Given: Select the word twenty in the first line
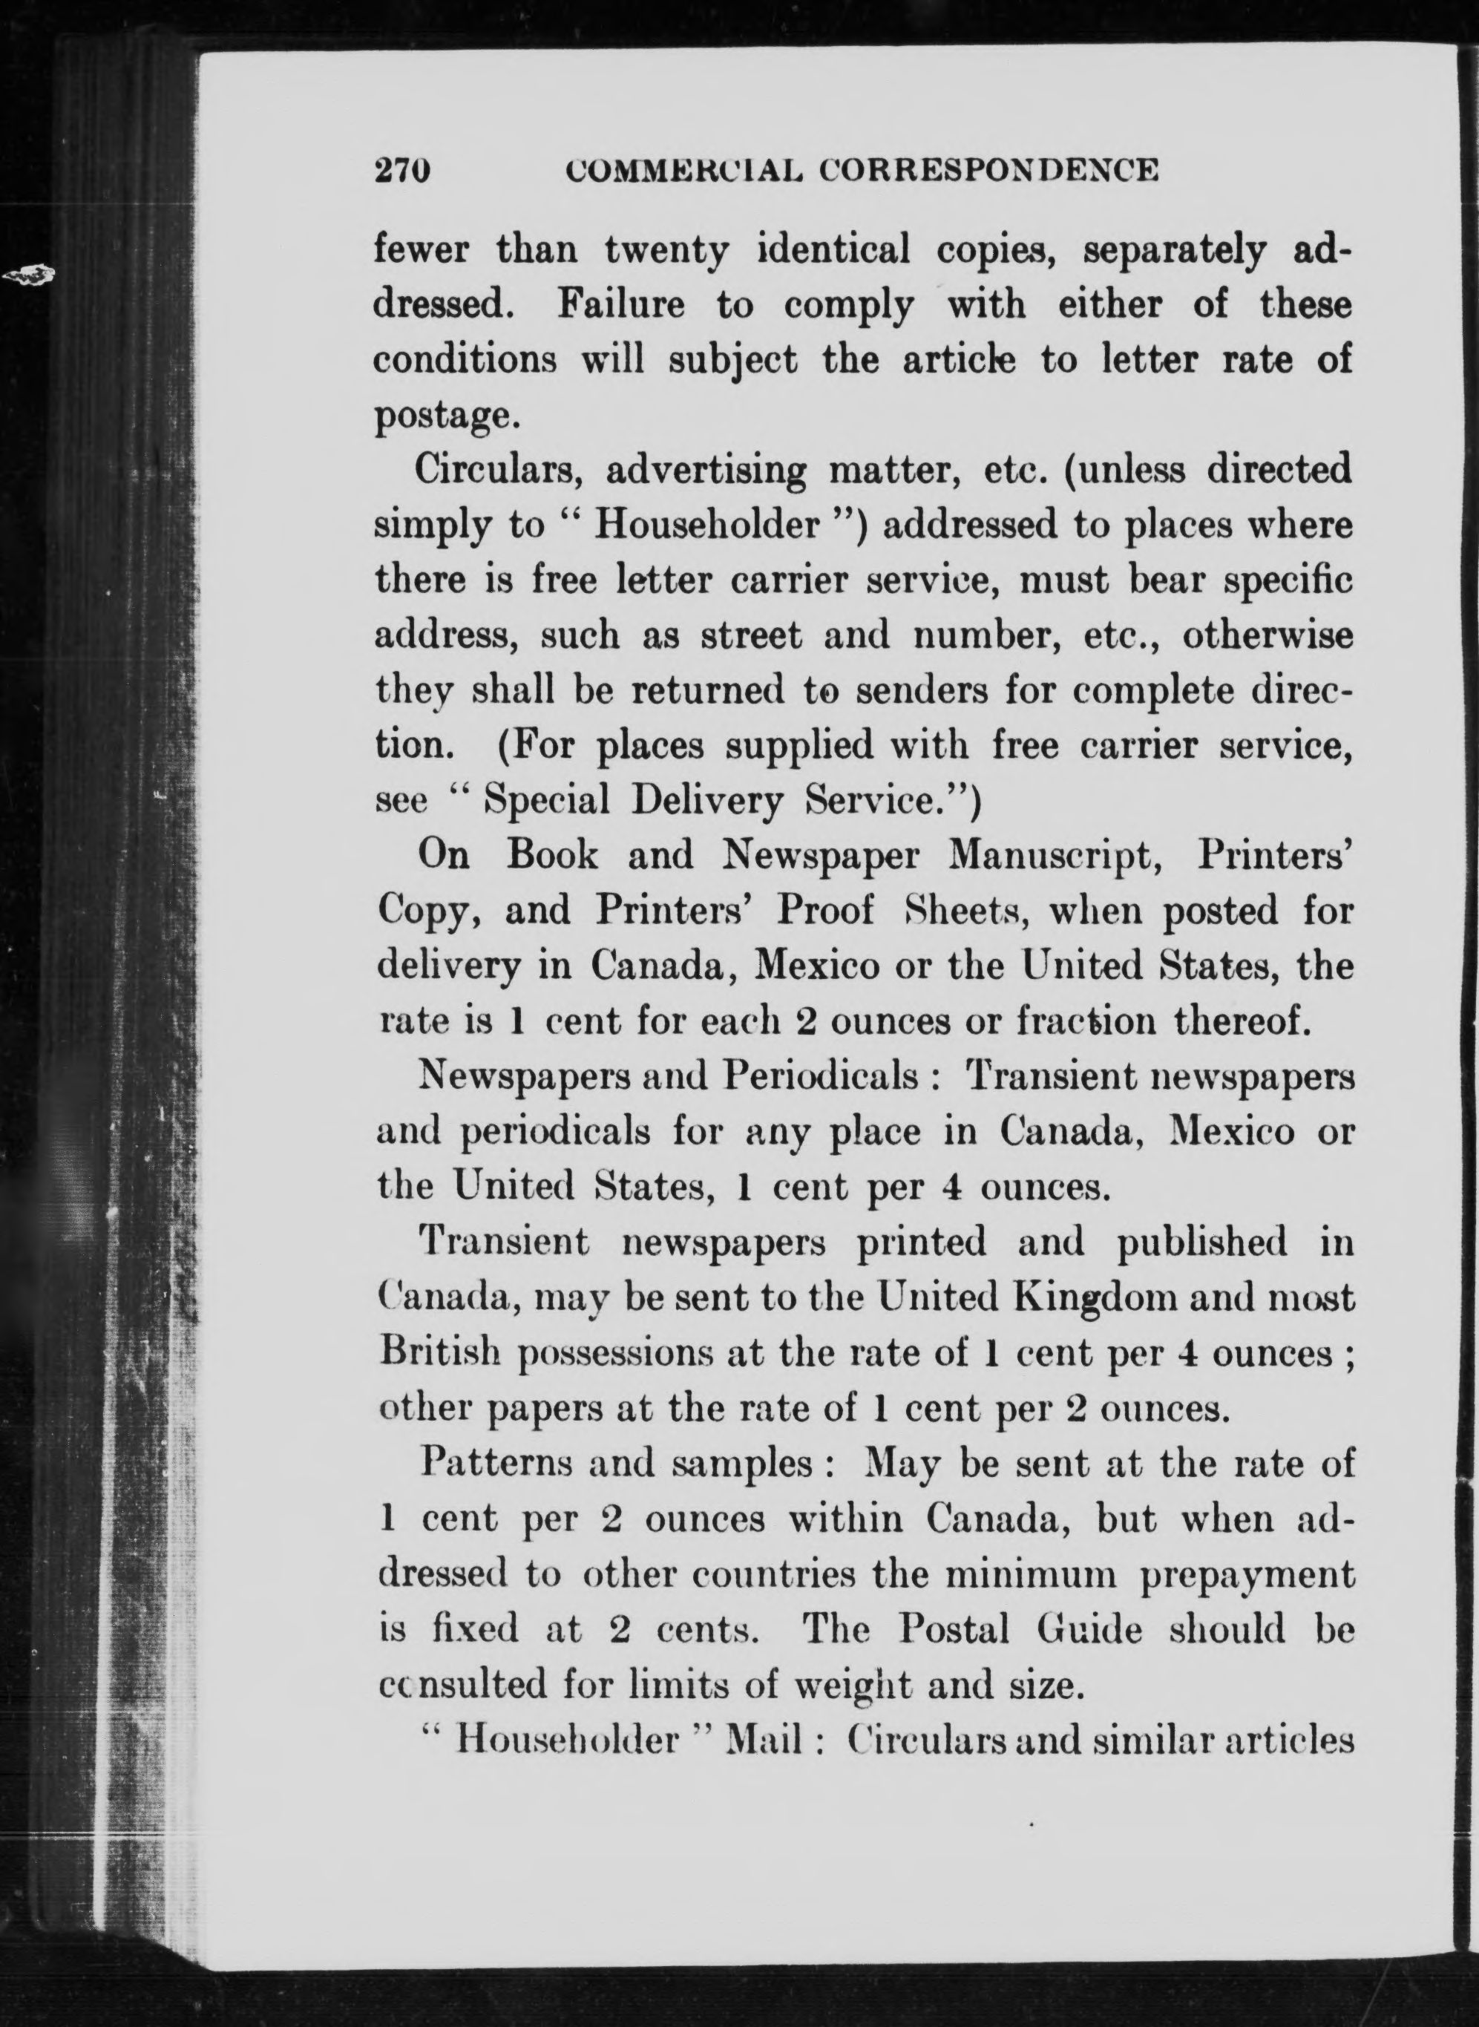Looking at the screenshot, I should pyautogui.click(x=666, y=252).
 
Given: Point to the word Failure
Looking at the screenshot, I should pyautogui.click(x=621, y=307).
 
